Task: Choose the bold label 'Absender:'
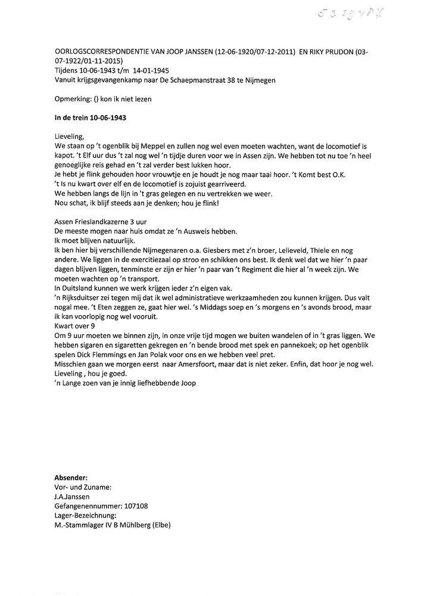coord(71,478)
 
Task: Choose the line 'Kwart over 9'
coord(74,326)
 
